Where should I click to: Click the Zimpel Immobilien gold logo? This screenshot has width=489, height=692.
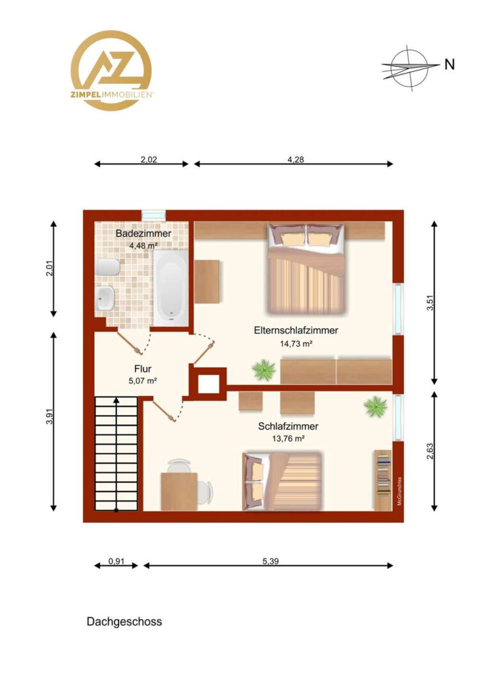coord(111,70)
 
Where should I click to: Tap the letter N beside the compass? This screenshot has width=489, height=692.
coord(449,65)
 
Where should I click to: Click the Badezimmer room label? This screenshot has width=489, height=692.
coord(143,233)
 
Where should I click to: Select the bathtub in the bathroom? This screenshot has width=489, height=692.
coord(171,288)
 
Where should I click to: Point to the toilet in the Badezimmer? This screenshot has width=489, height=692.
coord(107,267)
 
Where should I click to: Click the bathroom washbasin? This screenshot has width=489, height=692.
coord(105,299)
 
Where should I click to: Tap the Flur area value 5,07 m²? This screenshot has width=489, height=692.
coord(143,381)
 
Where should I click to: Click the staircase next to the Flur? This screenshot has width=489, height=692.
coord(116,454)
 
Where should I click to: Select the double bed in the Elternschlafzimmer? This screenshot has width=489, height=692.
coord(305,268)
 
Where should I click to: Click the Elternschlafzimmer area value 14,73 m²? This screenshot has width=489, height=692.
coord(296,344)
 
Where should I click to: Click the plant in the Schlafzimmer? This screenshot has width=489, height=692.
coord(376,406)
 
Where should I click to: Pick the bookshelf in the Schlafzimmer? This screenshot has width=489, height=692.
coord(383,480)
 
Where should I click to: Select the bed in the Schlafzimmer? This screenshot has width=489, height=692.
coord(282,481)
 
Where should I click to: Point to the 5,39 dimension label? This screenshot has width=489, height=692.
coord(271,561)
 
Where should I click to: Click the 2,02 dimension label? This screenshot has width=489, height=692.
coord(149,160)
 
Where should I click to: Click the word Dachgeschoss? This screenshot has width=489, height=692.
coord(124,622)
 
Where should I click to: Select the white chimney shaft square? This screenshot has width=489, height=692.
coord(208,384)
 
